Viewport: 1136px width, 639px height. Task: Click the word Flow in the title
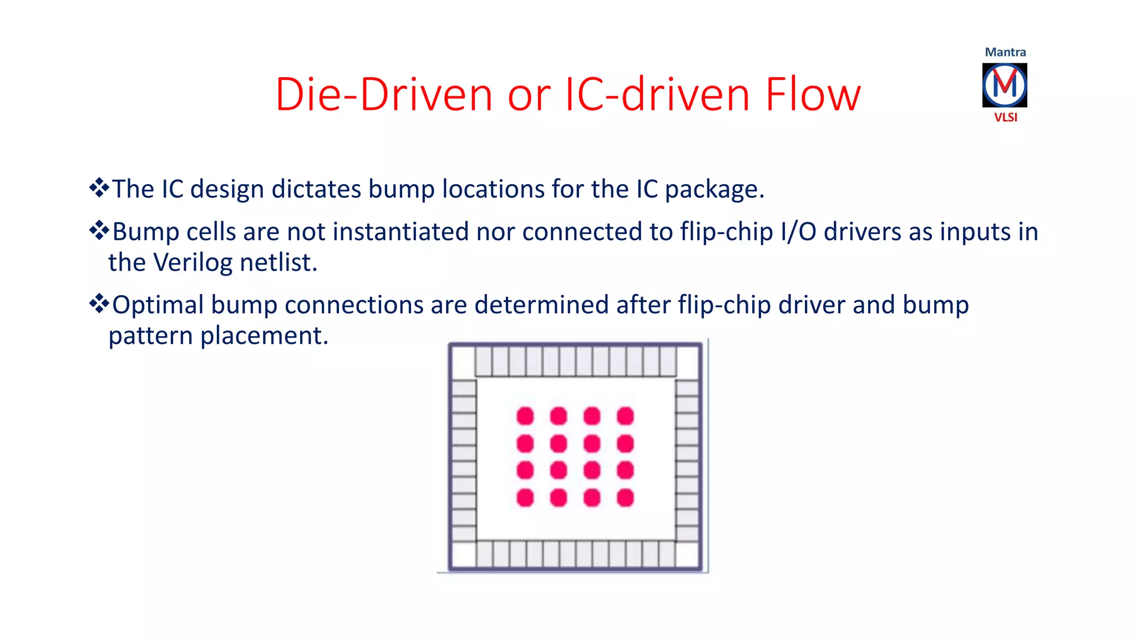click(x=813, y=94)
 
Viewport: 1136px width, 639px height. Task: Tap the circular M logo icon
click(x=1005, y=85)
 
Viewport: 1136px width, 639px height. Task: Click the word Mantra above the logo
click(x=1005, y=52)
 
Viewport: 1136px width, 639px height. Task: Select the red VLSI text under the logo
click(x=1005, y=118)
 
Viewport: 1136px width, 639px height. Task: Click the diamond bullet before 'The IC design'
click(x=99, y=188)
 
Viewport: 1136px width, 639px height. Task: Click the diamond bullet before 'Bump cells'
click(x=99, y=230)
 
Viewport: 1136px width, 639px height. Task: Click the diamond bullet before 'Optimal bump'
click(x=99, y=303)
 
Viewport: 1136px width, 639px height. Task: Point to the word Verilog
click(x=192, y=263)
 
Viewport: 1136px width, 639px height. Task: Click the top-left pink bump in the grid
click(x=525, y=416)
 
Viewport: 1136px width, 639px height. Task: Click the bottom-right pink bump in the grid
click(x=625, y=498)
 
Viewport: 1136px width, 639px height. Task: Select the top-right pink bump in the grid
click(x=625, y=416)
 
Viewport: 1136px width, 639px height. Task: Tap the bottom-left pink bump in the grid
click(x=525, y=498)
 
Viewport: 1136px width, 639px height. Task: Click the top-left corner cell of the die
click(x=464, y=362)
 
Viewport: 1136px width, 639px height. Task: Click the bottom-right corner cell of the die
click(x=688, y=555)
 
